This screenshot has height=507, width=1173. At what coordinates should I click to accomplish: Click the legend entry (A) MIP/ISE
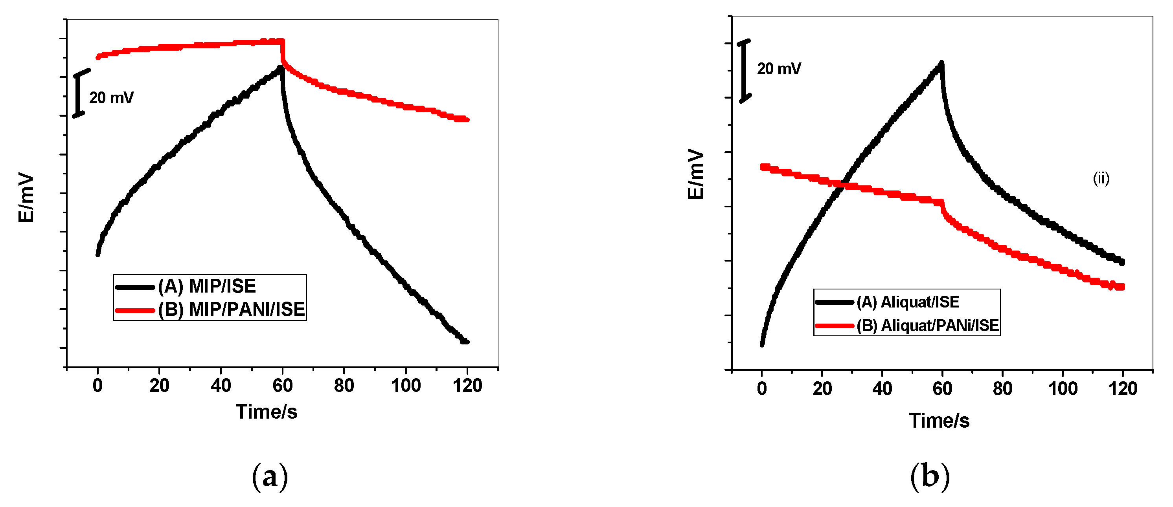click(x=207, y=286)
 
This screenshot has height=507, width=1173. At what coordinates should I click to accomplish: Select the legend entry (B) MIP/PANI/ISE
click(x=231, y=309)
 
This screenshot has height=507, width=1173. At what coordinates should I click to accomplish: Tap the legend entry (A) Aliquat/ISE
click(x=908, y=302)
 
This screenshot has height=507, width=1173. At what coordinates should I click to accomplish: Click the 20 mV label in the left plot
click(x=111, y=98)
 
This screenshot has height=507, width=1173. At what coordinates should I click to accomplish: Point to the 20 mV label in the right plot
click(x=779, y=69)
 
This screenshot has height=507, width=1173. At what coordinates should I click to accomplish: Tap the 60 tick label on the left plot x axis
click(x=282, y=386)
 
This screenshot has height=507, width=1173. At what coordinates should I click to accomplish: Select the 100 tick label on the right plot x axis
click(x=1063, y=389)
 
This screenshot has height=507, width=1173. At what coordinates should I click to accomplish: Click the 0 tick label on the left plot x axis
click(x=97, y=386)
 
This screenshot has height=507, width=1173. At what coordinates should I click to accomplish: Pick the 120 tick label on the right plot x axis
click(x=1123, y=389)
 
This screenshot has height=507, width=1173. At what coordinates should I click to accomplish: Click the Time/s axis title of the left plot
click(x=267, y=412)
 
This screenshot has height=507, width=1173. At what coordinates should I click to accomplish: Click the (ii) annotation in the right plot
click(x=1101, y=178)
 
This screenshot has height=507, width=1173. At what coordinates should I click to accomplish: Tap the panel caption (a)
click(x=270, y=476)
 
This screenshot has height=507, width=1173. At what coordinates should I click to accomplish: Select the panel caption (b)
click(x=929, y=476)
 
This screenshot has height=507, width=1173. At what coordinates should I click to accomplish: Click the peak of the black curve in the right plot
click(x=941, y=63)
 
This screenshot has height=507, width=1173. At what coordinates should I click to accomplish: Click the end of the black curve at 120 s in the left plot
click(x=465, y=341)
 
